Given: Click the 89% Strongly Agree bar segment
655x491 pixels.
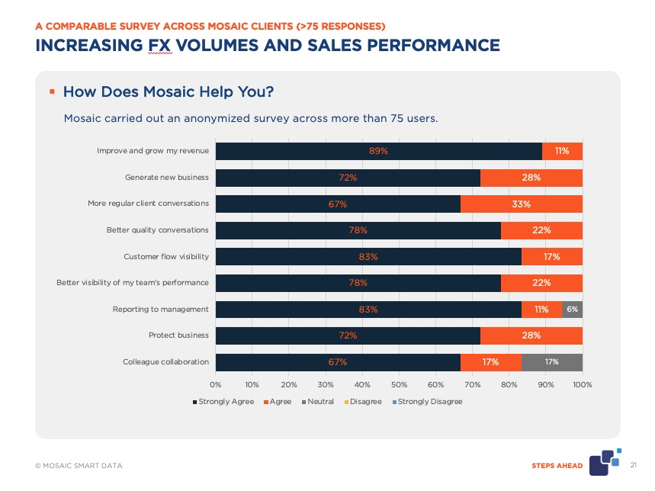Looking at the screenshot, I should (x=378, y=151).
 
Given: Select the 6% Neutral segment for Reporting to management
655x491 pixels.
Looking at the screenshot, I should (x=572, y=309).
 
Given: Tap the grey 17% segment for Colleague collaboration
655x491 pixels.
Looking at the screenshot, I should (x=551, y=362).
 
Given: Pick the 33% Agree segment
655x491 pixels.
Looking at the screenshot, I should (x=522, y=204).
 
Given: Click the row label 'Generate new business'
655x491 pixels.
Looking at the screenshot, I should (x=167, y=178).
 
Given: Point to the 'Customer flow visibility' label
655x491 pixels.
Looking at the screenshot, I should (x=166, y=256).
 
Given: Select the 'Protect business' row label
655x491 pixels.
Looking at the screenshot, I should (x=178, y=335).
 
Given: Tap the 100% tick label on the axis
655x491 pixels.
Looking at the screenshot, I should (x=583, y=384).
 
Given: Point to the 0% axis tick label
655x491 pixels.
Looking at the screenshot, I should (x=216, y=384).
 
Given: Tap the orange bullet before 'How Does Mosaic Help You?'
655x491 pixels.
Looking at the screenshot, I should (x=52, y=91).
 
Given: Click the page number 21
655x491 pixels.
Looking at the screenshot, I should (x=634, y=465).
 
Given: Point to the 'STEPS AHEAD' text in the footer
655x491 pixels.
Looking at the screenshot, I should (x=557, y=466).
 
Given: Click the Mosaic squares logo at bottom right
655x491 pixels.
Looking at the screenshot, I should (x=610, y=461).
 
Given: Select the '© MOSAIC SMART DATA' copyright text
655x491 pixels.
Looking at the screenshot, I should (x=78, y=466).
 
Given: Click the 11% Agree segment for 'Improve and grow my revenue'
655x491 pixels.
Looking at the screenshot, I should (x=562, y=151).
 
